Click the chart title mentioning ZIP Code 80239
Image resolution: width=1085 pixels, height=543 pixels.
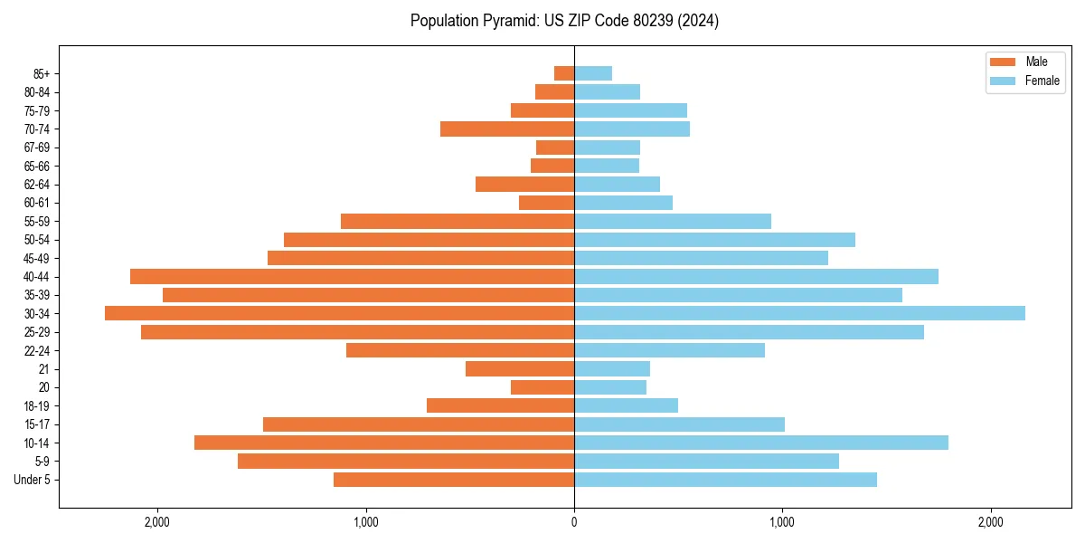[564, 21]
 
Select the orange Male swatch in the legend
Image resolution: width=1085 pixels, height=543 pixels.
[1003, 62]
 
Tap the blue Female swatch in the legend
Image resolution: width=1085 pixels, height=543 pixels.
[1003, 81]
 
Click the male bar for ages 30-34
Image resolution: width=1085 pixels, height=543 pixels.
[339, 313]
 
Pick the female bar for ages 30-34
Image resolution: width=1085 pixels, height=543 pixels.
[799, 313]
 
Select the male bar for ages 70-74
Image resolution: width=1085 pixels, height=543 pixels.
[507, 129]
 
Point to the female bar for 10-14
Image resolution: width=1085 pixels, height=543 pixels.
[761, 443]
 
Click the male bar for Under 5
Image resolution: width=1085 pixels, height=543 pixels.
[454, 480]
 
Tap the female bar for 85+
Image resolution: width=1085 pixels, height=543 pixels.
[593, 73]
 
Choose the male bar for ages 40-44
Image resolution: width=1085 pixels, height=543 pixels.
[352, 276]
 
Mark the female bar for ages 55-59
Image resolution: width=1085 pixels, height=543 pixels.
[673, 221]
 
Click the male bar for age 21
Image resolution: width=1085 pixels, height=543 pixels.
[520, 368]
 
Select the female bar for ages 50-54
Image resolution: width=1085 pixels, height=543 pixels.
[714, 240]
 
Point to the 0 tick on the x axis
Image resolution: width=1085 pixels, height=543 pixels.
[574, 521]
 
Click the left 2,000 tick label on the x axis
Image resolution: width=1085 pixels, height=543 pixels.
[157, 521]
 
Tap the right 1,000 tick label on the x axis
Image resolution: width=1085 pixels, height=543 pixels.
[782, 521]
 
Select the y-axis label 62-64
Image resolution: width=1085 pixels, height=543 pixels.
[37, 185]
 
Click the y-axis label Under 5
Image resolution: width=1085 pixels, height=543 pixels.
[32, 480]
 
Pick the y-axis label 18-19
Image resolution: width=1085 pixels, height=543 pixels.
[37, 405]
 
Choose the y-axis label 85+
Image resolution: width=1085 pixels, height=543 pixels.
[41, 73]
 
